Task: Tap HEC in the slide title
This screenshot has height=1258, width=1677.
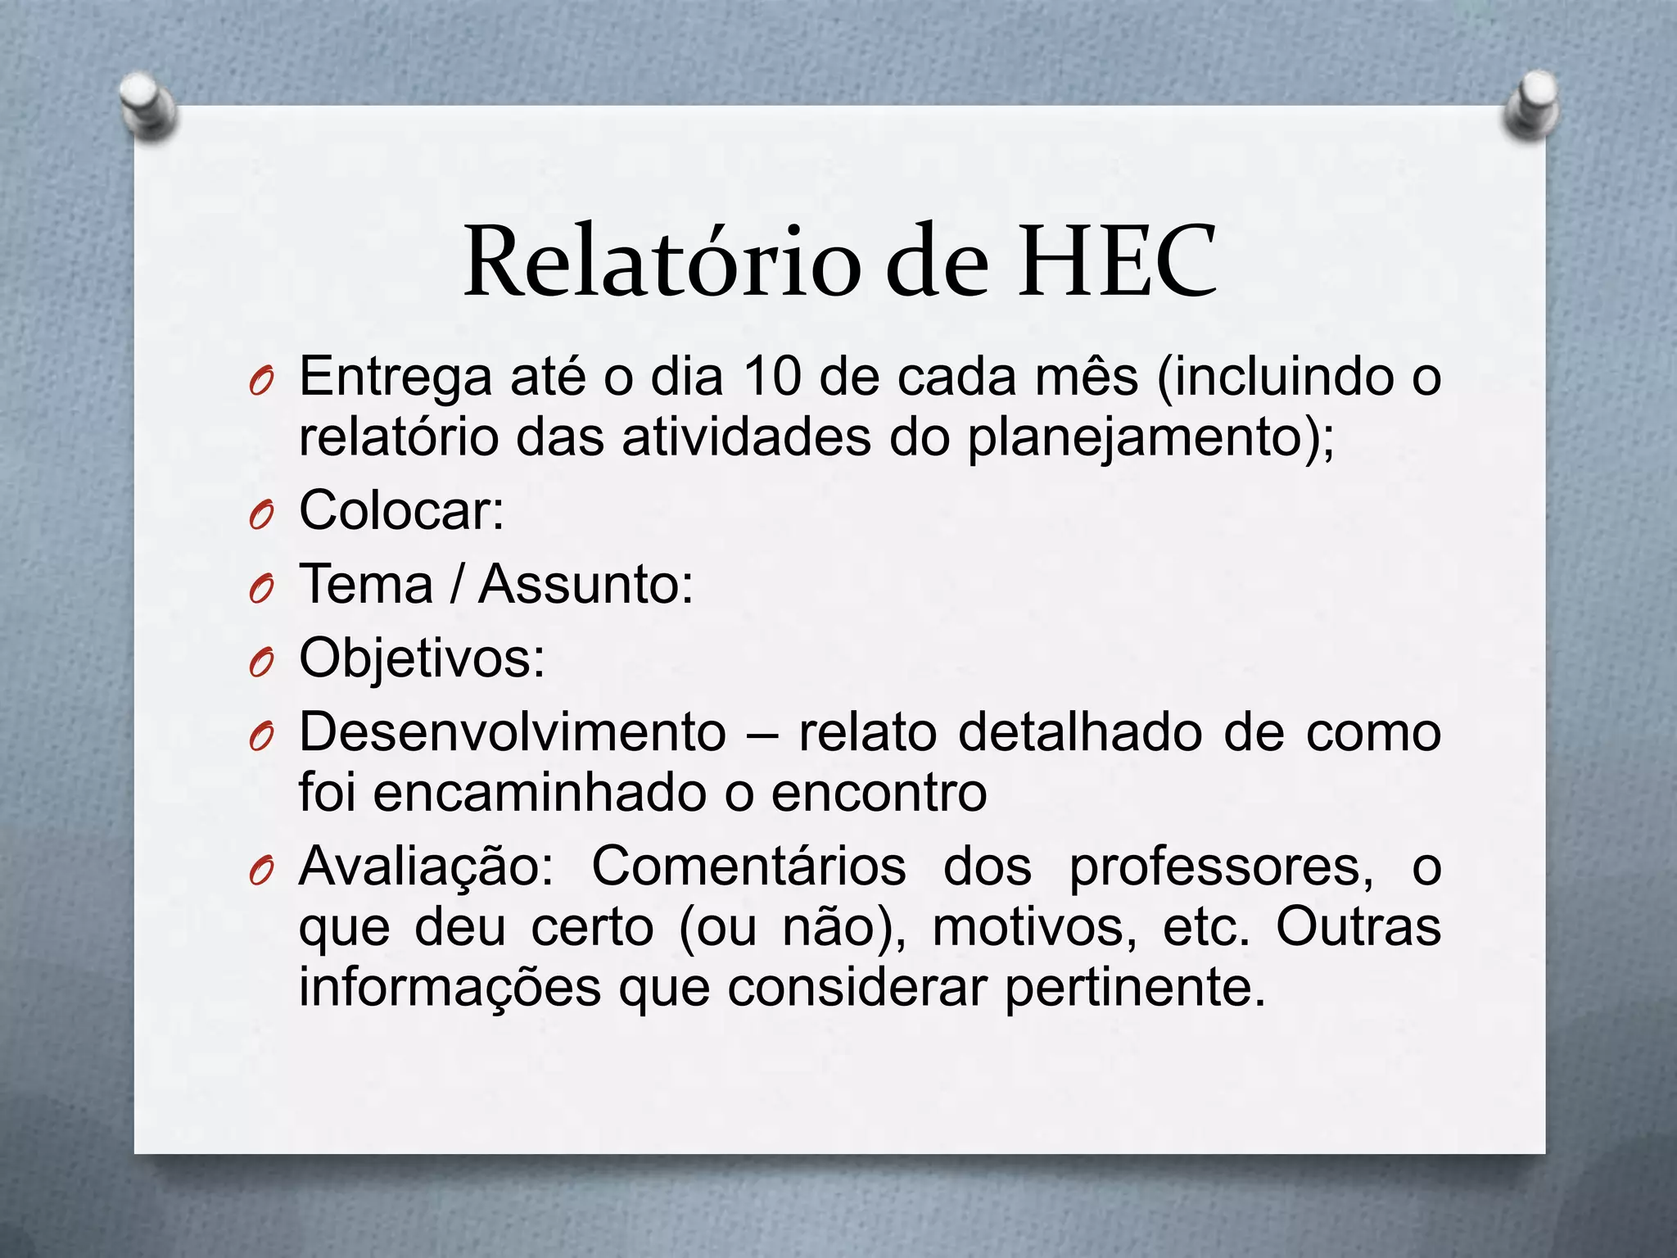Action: pyautogui.click(x=1117, y=262)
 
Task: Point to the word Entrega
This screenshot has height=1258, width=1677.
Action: pyautogui.click(x=396, y=378)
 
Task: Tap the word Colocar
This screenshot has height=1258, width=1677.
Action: pyautogui.click(x=400, y=510)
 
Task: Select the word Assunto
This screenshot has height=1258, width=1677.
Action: pyautogui.click(x=585, y=585)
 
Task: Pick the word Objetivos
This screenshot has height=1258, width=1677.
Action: pyautogui.click(x=421, y=659)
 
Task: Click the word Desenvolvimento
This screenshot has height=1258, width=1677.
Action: pyautogui.click(x=513, y=732)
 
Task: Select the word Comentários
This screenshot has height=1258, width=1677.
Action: pyautogui.click(x=748, y=867)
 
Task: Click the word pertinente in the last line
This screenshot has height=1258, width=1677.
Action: pyautogui.click(x=1134, y=989)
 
